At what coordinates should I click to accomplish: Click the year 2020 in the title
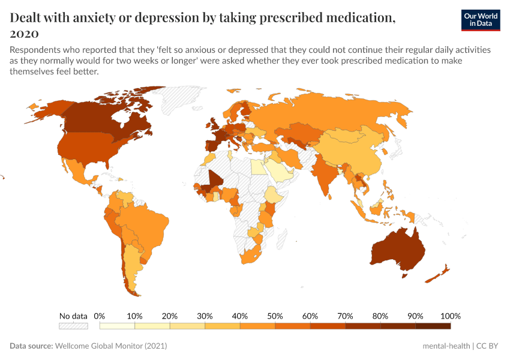[x=25, y=33]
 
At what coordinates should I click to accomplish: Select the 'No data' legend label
[x=73, y=316]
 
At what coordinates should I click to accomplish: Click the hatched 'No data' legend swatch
[x=73, y=326]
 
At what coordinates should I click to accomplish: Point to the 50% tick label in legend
[x=274, y=316]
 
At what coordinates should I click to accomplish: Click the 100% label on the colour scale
[x=450, y=316]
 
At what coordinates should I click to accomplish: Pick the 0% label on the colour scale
[x=100, y=316]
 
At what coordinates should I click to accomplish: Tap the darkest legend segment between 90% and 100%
[x=433, y=326]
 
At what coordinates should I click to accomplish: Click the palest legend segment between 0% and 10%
[x=117, y=326]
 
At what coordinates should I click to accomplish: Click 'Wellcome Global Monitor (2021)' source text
[x=110, y=346]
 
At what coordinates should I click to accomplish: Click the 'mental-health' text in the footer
[x=446, y=346]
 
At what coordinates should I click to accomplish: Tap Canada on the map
[x=102, y=117]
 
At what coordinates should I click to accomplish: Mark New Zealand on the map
[x=441, y=273]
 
